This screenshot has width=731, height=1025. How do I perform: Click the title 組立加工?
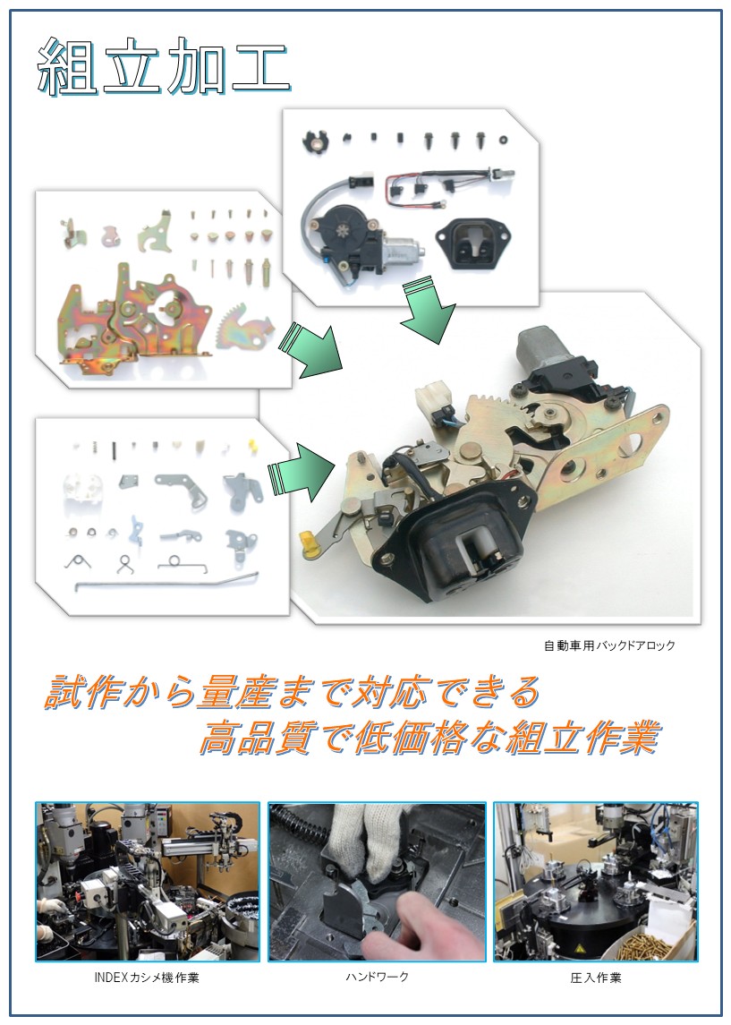(x=164, y=67)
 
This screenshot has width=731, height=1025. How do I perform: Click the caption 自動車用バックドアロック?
(x=609, y=645)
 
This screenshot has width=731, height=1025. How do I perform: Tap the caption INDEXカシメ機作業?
(x=147, y=978)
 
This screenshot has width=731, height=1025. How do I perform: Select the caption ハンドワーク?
(x=377, y=977)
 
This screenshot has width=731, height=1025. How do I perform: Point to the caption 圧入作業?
(x=595, y=978)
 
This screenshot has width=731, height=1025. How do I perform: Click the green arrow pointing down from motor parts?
(x=428, y=311)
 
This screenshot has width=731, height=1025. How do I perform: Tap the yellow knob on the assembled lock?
(x=309, y=544)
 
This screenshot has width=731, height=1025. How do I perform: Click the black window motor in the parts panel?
(x=356, y=241)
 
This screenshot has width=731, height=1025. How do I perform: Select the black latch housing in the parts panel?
(x=472, y=243)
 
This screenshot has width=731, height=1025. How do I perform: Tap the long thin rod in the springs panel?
(x=166, y=581)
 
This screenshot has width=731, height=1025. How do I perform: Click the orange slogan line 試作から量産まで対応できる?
(x=293, y=692)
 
